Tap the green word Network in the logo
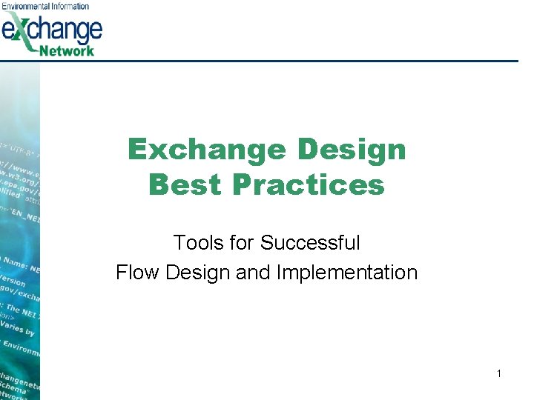click(x=70, y=50)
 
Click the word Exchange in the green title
click(x=208, y=150)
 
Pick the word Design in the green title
click(x=352, y=150)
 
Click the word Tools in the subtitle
click(x=194, y=242)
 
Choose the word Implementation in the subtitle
click(x=347, y=273)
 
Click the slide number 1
click(x=499, y=374)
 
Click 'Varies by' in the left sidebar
click(x=19, y=329)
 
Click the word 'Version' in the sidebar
click(x=13, y=281)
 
